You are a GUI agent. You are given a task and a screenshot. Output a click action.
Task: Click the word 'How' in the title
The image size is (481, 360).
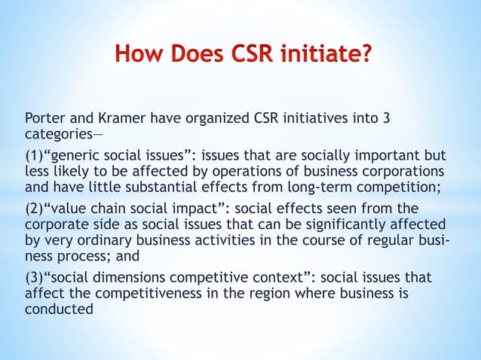pyautogui.click(x=139, y=55)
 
